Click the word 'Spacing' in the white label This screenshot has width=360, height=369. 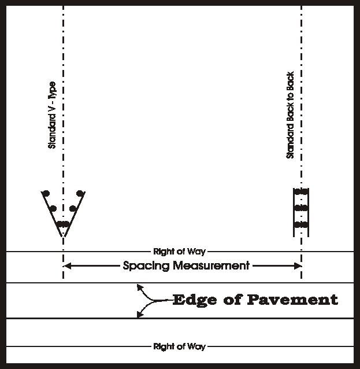tap(145, 266)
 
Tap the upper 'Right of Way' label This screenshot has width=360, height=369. tap(179, 252)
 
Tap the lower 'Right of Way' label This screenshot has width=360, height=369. tap(179, 346)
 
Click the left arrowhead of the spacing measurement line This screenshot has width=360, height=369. tap(66, 266)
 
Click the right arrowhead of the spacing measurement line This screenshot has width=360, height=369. tap(299, 266)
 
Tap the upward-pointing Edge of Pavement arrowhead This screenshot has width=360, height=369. tap(138, 286)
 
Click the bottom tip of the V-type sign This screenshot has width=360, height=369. tap(64, 236)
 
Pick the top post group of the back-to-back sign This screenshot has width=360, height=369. tap(301, 191)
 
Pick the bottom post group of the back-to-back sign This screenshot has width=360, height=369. tap(301, 224)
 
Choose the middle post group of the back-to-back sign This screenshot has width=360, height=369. tap(301, 207)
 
